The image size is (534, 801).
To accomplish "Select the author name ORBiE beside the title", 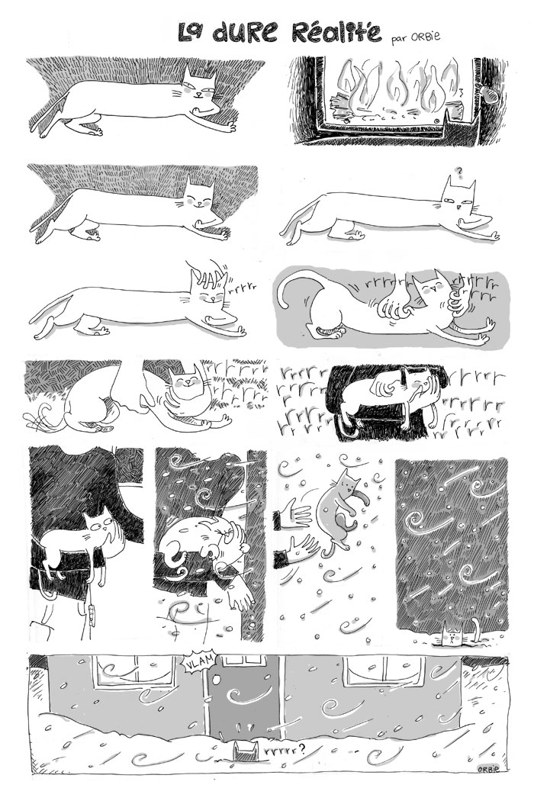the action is click(425, 36).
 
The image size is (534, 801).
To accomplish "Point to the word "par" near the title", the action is click(399, 40).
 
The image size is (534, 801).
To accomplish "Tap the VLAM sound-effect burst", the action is click(199, 664).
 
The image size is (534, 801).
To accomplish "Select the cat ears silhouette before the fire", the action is click(461, 127).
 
